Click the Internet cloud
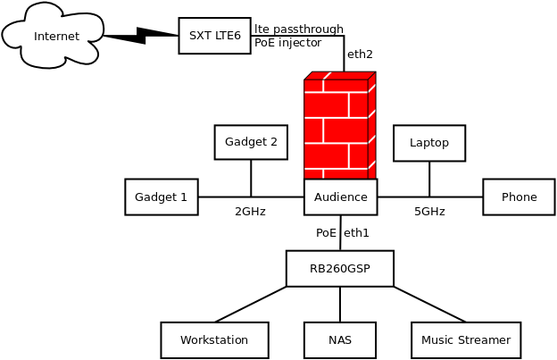pos(55,36)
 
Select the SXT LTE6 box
pos(214,36)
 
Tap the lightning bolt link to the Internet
pos(140,36)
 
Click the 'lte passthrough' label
pos(298,29)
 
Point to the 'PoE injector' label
pos(287,42)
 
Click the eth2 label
pos(360,54)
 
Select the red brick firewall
pos(338,125)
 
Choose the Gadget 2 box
pos(251,142)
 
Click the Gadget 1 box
pos(161,197)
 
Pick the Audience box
pos(340,197)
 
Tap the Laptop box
pos(429,143)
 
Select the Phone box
pos(519,197)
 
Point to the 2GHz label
pos(250,212)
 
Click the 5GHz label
pos(429,212)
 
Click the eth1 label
pos(356,233)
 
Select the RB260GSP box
pos(339,268)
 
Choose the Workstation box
pos(214,339)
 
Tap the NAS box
pos(340,339)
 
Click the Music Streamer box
pos(465,339)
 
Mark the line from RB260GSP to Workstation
pos(251,304)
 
